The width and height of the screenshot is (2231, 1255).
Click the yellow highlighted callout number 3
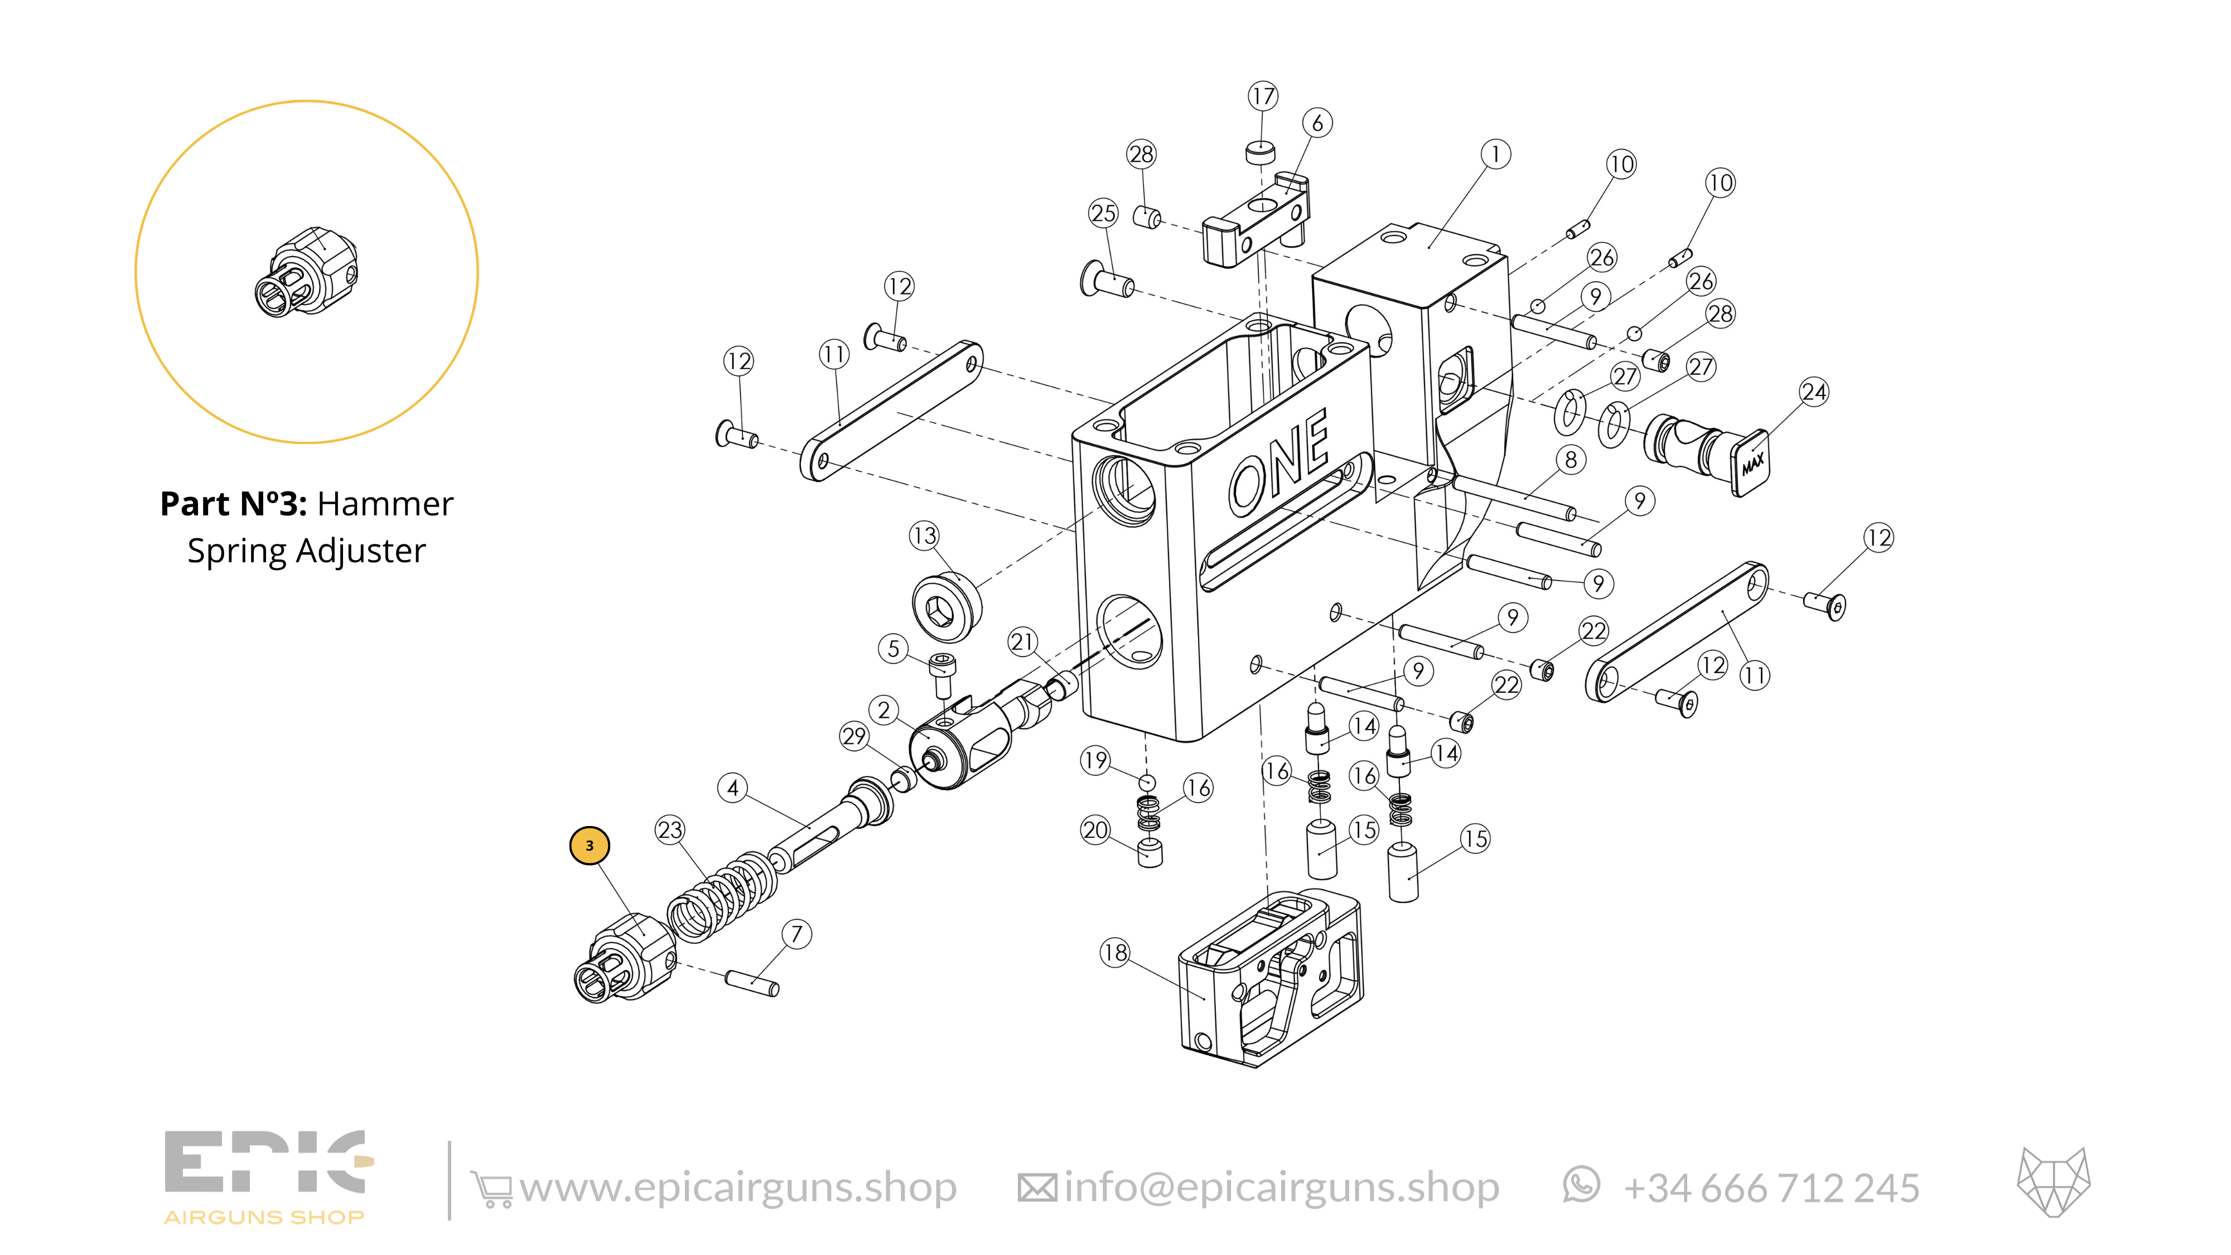[x=589, y=846]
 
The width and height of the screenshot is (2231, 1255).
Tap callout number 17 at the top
[x=1263, y=96]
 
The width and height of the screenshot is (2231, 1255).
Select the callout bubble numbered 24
[x=1814, y=392]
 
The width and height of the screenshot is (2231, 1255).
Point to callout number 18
[x=1114, y=953]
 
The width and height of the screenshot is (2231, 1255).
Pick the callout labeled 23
[x=669, y=830]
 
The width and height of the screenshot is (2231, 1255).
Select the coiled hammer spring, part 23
[x=721, y=896]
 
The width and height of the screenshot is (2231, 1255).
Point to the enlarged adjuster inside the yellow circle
[x=307, y=272]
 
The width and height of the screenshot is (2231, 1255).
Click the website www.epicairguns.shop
[x=738, y=1188]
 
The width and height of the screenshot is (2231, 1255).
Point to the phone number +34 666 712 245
[x=1771, y=1188]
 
